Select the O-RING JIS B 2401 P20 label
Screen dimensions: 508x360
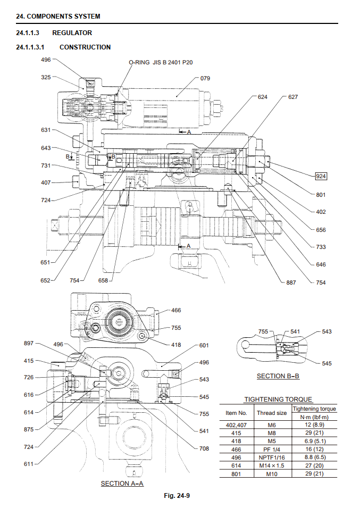[x=161, y=62]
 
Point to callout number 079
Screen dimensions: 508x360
[x=205, y=78]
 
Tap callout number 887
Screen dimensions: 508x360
[x=291, y=282]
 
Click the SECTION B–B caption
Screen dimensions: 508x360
[x=278, y=376]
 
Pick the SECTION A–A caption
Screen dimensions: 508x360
[x=122, y=484]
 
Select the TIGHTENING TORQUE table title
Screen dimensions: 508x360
[x=278, y=399]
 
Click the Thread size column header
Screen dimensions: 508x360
[x=272, y=413]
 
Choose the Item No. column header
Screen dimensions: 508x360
[x=237, y=413]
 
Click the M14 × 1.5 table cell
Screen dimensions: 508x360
[x=272, y=465]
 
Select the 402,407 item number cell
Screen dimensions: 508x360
[x=237, y=425]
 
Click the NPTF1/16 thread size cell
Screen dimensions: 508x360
[x=272, y=457]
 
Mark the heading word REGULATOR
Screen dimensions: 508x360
[x=72, y=33]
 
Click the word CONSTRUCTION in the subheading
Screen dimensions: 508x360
[x=85, y=47]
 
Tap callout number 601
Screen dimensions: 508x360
[x=204, y=345]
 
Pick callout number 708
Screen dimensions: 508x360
[x=204, y=448]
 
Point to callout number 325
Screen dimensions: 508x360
[x=46, y=77]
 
